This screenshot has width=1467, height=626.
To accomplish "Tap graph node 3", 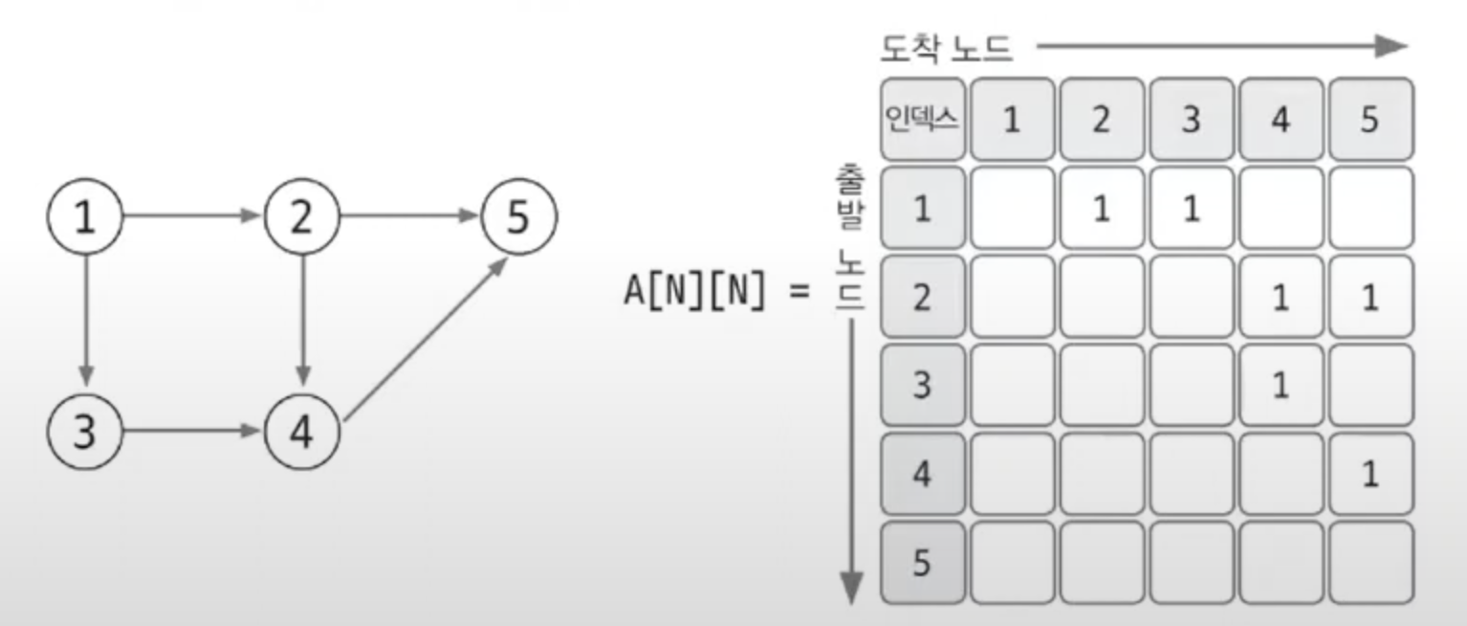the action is (x=86, y=433).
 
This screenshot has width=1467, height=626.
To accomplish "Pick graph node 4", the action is (x=302, y=433).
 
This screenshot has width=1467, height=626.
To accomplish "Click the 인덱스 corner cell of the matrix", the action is (x=922, y=120).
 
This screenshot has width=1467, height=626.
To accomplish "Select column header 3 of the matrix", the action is (x=1190, y=120).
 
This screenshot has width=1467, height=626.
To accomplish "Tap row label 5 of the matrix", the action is (x=922, y=563).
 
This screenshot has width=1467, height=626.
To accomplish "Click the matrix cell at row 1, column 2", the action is (x=1102, y=209).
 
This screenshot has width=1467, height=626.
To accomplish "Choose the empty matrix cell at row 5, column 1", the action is (x=1013, y=563).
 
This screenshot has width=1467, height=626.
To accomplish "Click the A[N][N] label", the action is (x=695, y=291).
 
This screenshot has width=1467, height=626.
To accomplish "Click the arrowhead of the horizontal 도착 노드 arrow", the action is (x=1391, y=46).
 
